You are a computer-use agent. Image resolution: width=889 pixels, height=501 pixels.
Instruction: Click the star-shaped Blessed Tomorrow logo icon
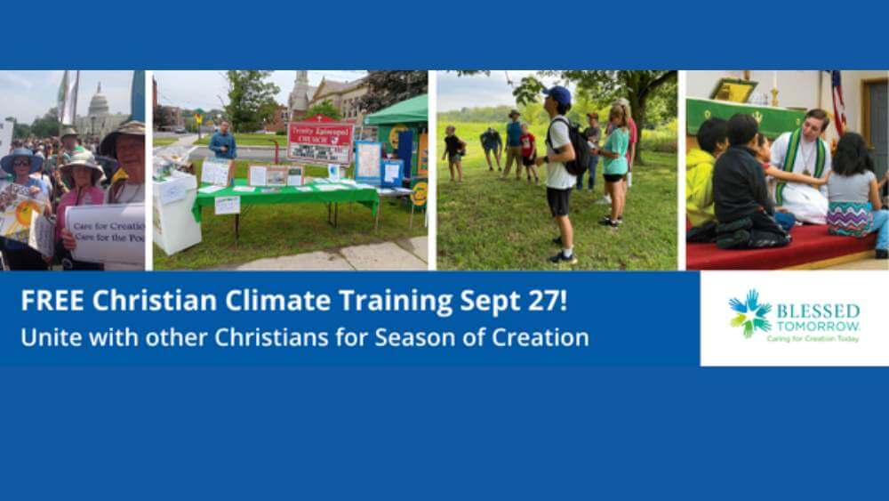749,313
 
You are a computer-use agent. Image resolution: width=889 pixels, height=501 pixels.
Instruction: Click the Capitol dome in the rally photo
99,105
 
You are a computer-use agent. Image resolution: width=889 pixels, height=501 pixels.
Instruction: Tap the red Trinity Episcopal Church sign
320,141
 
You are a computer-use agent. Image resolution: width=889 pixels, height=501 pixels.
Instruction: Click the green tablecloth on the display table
284,196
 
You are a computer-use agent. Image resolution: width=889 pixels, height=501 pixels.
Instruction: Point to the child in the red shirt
528,149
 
